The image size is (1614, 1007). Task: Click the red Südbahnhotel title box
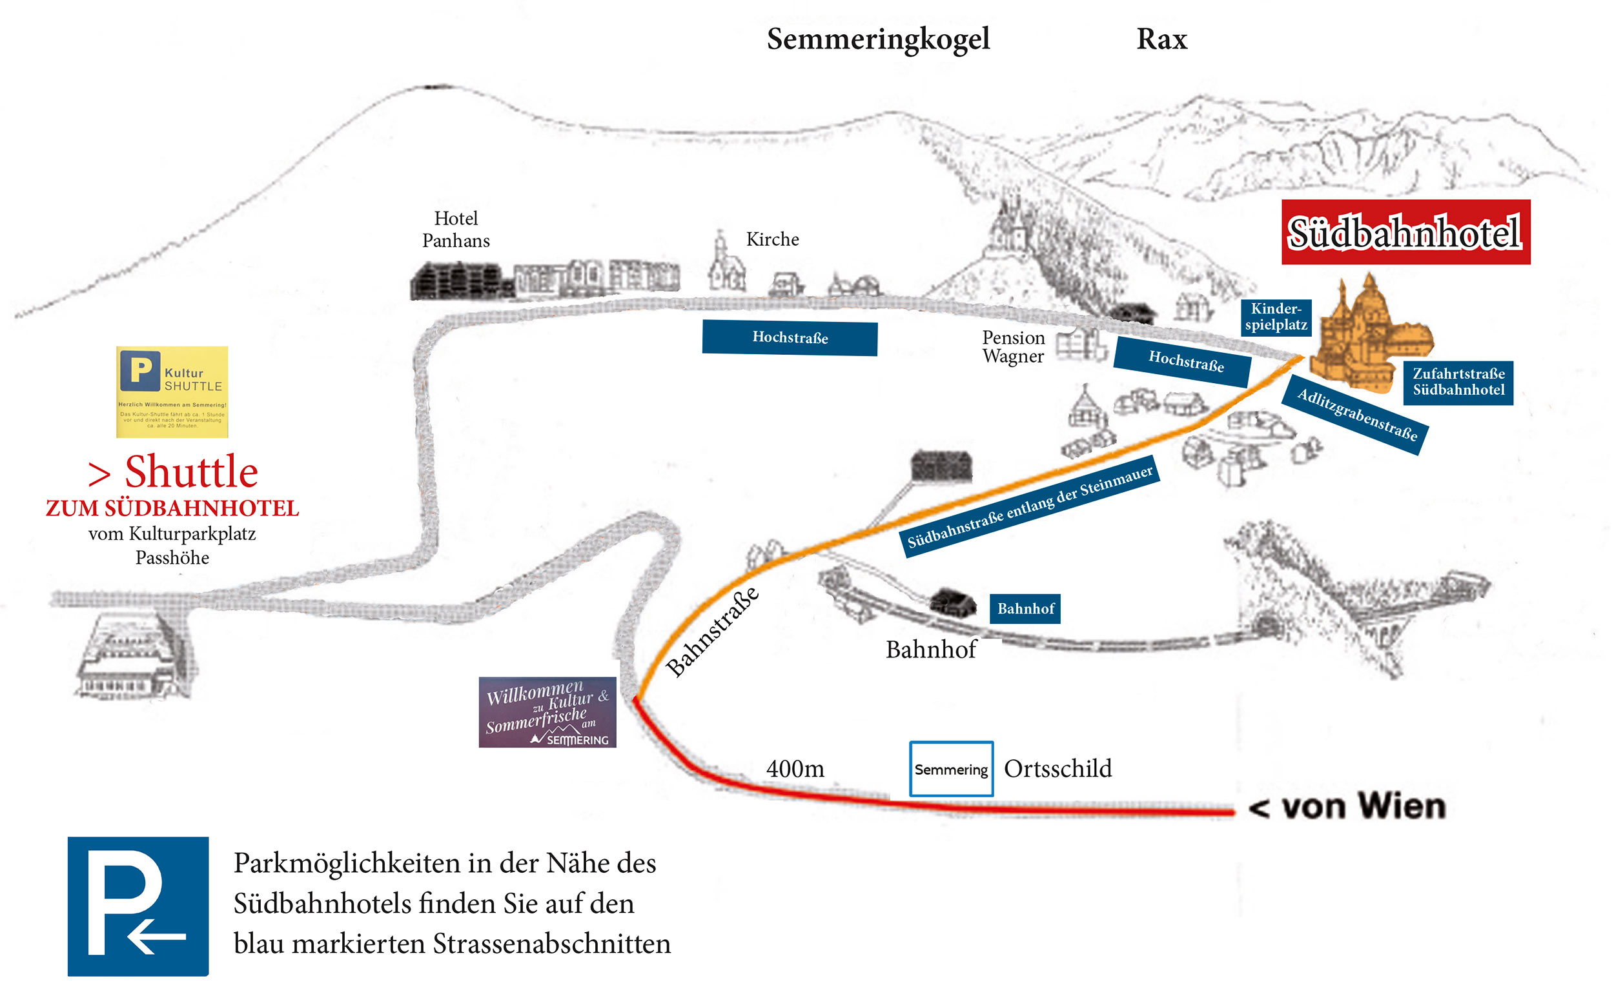coord(1405,232)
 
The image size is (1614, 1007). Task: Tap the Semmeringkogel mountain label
coord(877,39)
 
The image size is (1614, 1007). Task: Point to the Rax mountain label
coord(1161,39)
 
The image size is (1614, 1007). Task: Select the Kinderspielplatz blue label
coord(1276,317)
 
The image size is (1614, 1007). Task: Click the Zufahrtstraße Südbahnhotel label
coord(1457,383)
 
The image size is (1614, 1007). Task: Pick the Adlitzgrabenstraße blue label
coord(1356,415)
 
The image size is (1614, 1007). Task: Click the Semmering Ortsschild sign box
coord(951,768)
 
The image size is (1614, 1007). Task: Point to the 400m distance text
coord(795,769)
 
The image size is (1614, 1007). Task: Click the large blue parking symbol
coord(138,906)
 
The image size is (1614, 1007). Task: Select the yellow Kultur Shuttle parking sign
coord(172,392)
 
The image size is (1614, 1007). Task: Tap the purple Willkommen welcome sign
coord(547,712)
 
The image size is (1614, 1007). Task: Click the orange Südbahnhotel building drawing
coord(1366,340)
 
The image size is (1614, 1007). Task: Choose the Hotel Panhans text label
coord(456,229)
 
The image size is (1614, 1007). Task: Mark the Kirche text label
coord(772,239)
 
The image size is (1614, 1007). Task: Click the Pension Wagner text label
coord(1013,347)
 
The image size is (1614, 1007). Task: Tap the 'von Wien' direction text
coord(1346,807)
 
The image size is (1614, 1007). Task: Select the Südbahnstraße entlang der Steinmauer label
coord(1030,506)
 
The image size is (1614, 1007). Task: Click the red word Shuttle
coord(190,472)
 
